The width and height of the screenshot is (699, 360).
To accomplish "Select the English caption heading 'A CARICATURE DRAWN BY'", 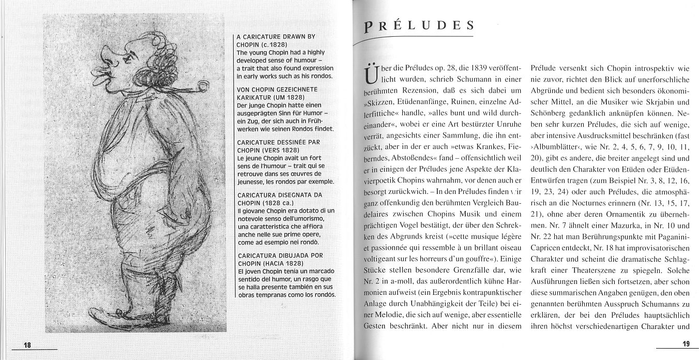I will pyautogui.click(x=275, y=37).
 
